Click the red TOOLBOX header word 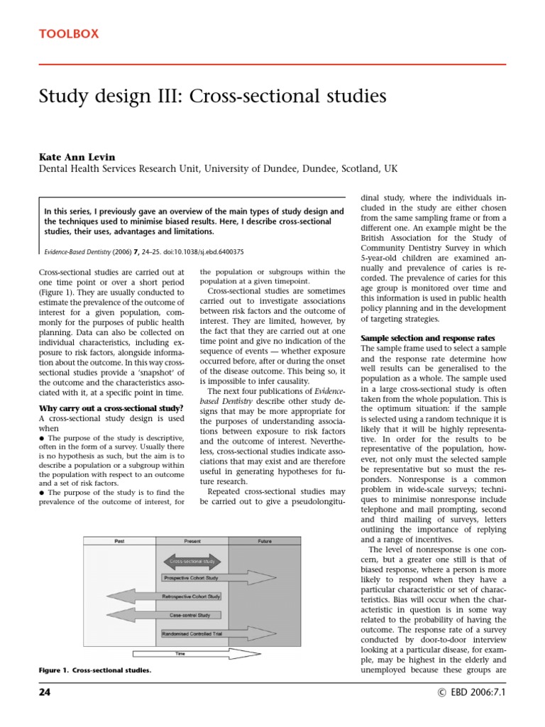69,33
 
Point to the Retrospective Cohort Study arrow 187,596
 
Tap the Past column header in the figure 120,541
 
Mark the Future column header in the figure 264,541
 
